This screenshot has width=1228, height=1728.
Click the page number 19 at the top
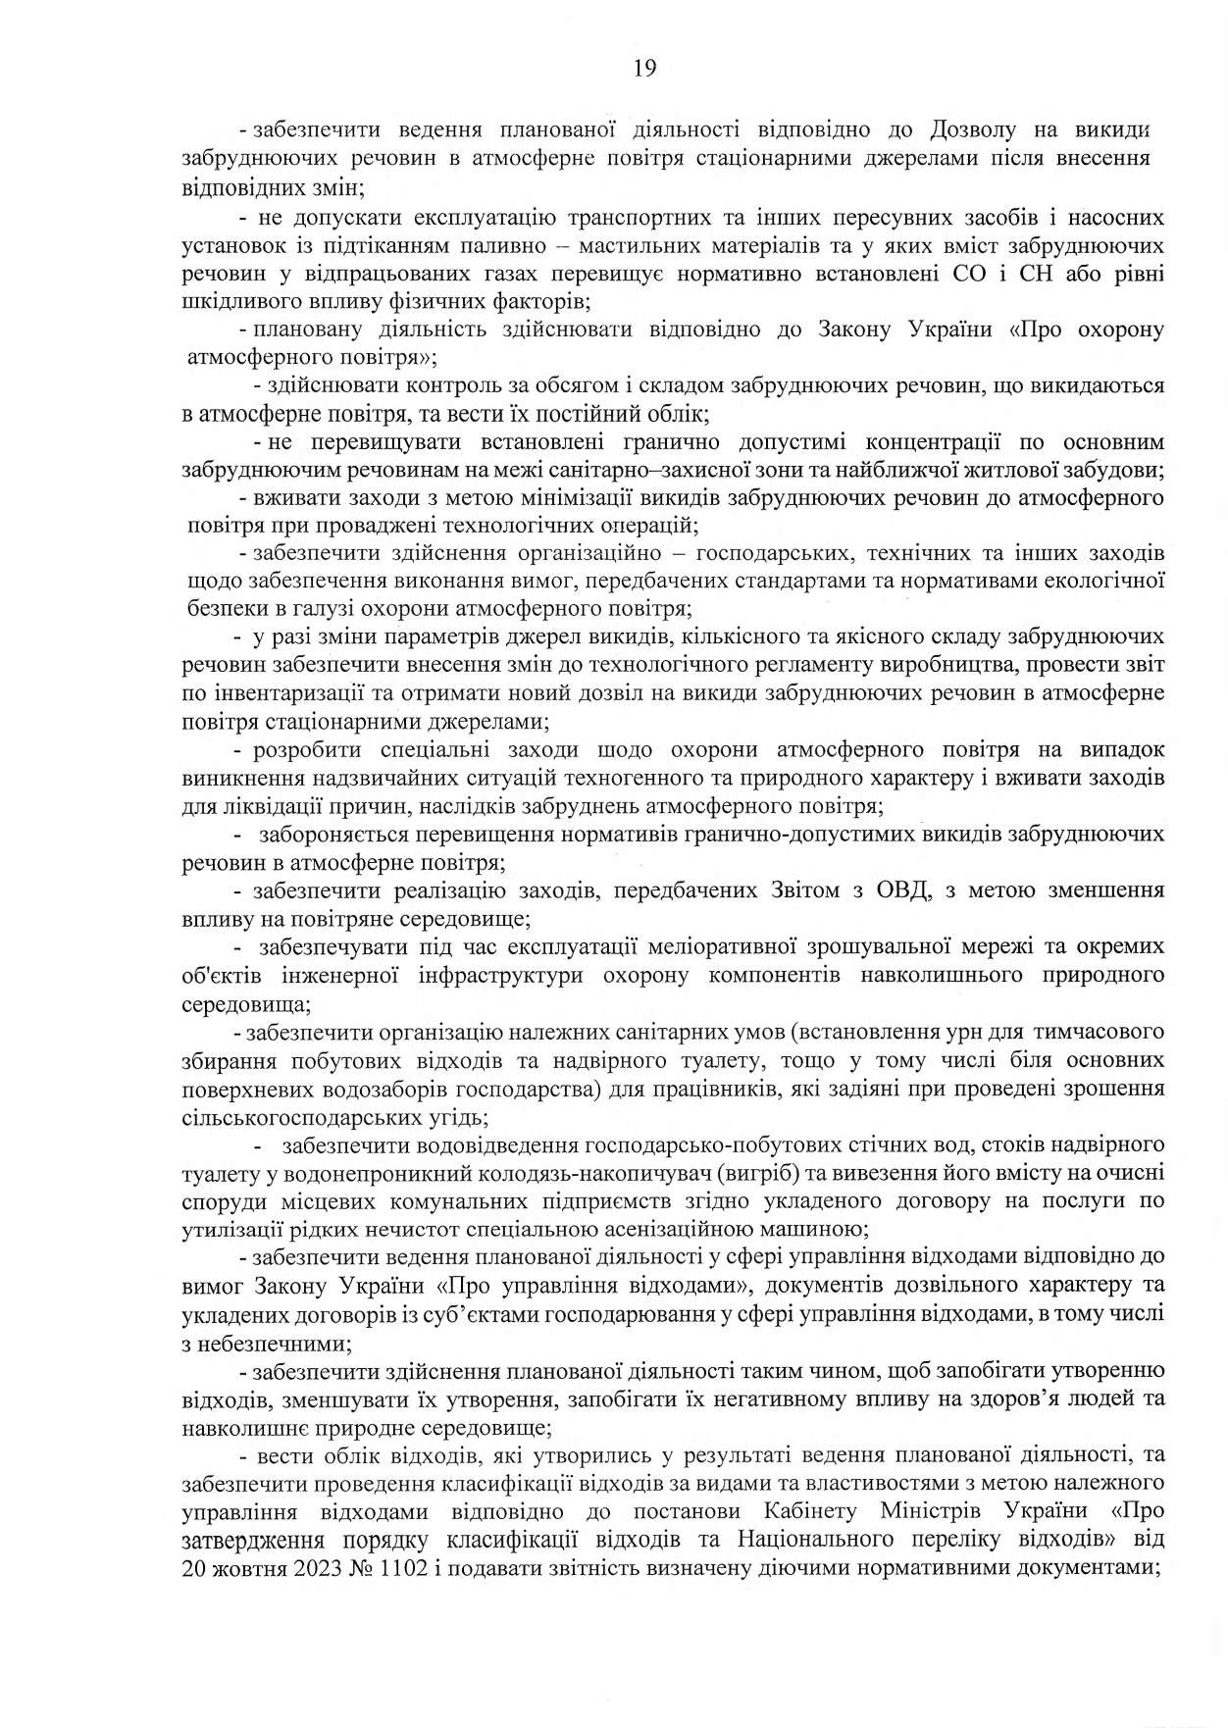(x=644, y=68)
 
